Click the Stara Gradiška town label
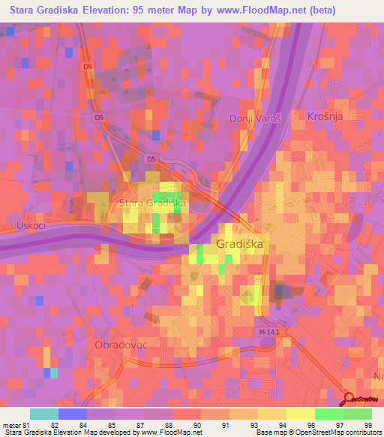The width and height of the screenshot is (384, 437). [x=153, y=203]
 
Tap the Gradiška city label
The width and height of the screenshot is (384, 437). [x=240, y=245]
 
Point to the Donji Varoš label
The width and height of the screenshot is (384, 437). [x=254, y=119]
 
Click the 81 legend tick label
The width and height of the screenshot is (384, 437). [x=30, y=425]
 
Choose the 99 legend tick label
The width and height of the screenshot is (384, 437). [x=368, y=425]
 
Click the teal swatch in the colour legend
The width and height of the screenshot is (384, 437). [x=43, y=414]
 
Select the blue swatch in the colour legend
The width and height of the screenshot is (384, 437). [x=72, y=414]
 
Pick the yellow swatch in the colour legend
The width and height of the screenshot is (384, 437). [x=300, y=414]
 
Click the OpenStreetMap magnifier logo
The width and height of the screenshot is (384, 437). [x=349, y=399]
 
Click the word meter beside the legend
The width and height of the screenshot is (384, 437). [x=12, y=425]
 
